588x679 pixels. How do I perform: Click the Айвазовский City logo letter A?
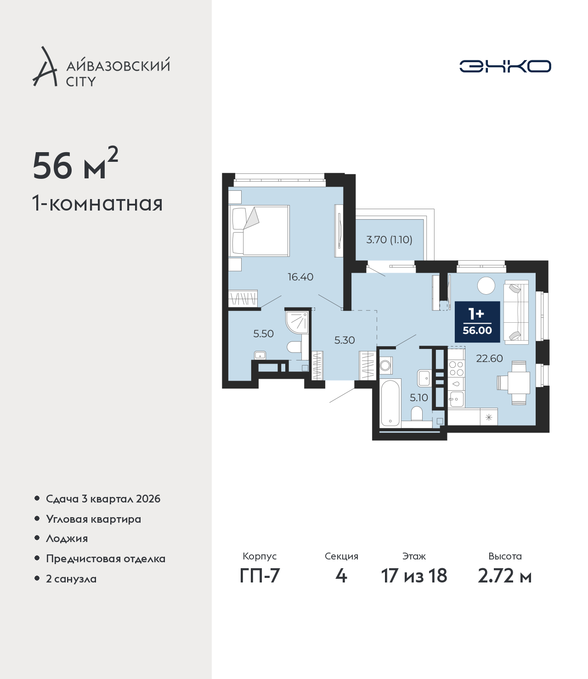click(44, 67)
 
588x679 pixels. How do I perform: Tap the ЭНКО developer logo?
click(505, 66)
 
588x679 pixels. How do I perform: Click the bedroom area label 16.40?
click(300, 277)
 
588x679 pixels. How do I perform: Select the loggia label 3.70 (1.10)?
click(389, 240)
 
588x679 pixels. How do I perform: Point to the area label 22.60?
click(489, 358)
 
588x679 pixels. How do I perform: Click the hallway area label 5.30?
click(345, 340)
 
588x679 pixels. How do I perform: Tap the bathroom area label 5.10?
click(418, 398)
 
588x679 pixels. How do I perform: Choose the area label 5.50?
click(263, 333)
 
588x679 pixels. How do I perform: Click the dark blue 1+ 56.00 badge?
click(477, 322)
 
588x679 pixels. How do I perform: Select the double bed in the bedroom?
click(259, 231)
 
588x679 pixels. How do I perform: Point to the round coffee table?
click(486, 285)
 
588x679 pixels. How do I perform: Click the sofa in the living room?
click(516, 312)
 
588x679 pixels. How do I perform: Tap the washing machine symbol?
click(386, 365)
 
